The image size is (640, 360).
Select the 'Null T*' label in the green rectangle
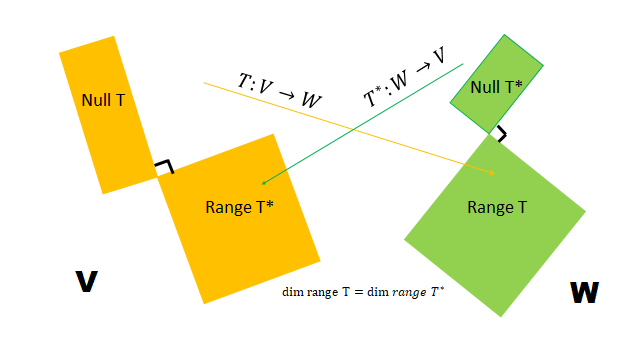point(496,87)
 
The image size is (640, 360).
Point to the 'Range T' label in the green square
point(497,207)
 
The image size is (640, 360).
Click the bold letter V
point(87,283)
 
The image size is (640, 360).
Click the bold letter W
point(585,293)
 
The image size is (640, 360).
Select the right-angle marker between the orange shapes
point(163,167)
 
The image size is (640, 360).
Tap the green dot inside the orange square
point(263,183)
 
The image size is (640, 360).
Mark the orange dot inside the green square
point(492,173)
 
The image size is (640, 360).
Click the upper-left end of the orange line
point(205,83)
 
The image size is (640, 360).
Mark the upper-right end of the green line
point(463,63)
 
